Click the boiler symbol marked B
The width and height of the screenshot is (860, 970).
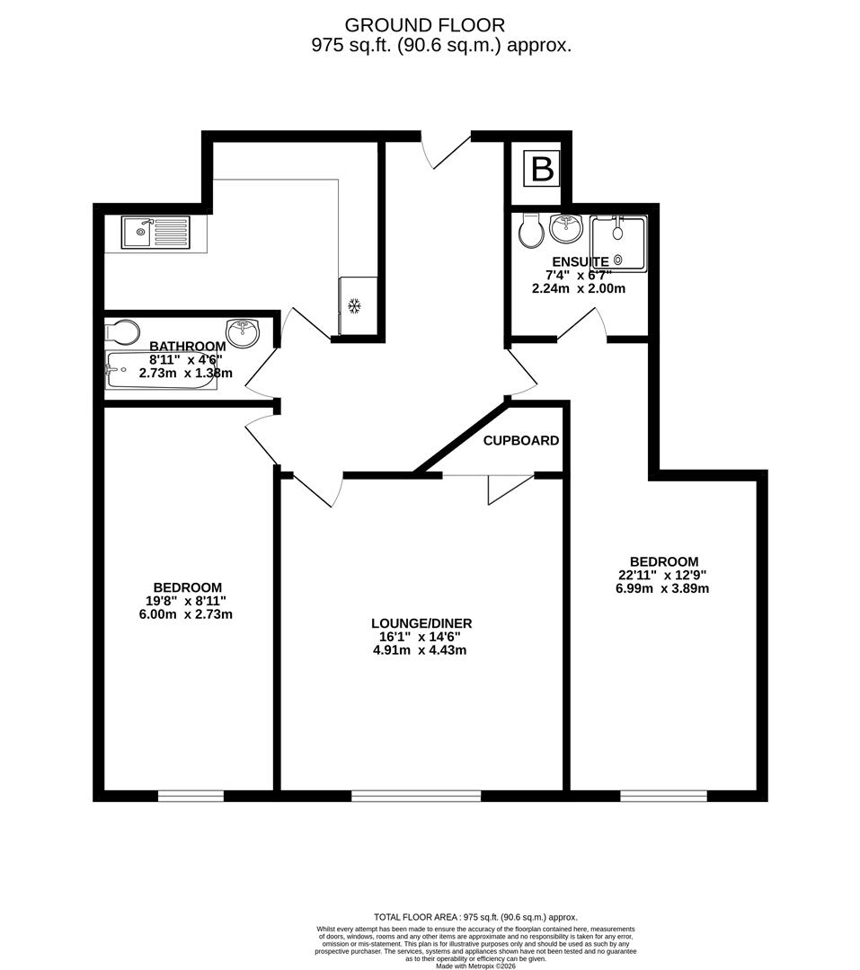tap(542, 169)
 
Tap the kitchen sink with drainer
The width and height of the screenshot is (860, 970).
tap(155, 233)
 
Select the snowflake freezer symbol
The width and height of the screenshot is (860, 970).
tap(354, 306)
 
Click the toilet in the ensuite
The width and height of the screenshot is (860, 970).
tap(531, 231)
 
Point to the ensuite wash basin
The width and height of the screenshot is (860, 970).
tap(567, 230)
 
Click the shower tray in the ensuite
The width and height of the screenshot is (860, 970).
tap(617, 243)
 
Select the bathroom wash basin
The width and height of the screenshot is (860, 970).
tap(243, 331)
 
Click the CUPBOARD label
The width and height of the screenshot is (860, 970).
tap(521, 441)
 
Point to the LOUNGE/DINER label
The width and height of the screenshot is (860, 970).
tap(421, 623)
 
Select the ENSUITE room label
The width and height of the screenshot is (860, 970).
tap(581, 262)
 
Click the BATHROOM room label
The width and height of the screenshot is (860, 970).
tap(187, 347)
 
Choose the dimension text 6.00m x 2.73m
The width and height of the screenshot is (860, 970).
tap(187, 614)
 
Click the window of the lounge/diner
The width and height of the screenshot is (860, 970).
tap(416, 795)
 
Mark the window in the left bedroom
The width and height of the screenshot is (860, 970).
tap(191, 795)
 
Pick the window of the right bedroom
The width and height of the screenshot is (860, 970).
tap(663, 795)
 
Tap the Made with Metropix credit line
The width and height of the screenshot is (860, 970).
tap(477, 966)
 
